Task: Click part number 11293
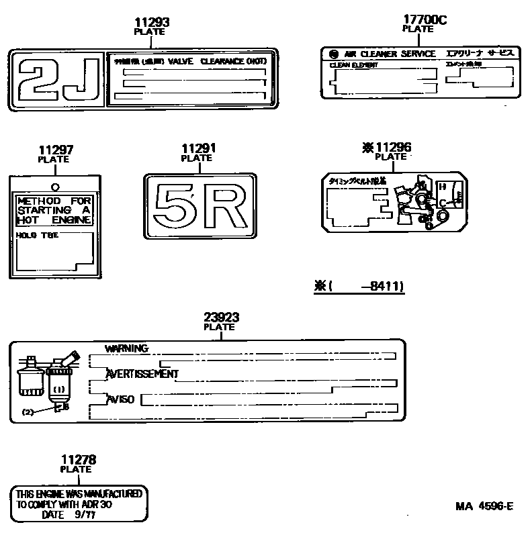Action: coord(152,22)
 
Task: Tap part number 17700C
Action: coord(425,19)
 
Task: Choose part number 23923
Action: coord(222,318)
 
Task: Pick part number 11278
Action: coord(79,460)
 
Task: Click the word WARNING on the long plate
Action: coord(126,348)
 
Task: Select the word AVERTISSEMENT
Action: coord(142,373)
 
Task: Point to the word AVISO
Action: coord(120,399)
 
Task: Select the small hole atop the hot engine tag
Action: coord(55,187)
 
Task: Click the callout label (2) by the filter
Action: coord(28,411)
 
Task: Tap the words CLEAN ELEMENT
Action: coord(353,65)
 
